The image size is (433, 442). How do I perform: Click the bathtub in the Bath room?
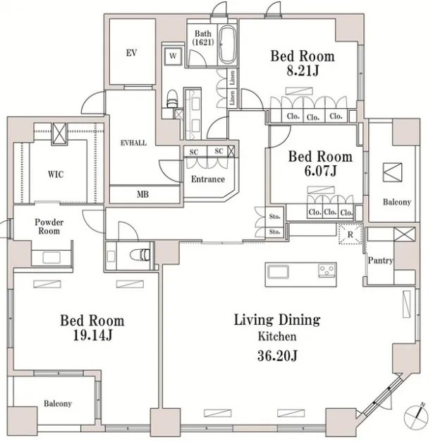(227, 45)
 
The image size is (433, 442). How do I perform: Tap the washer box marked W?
(173, 56)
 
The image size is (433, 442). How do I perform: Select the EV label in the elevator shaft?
(131, 53)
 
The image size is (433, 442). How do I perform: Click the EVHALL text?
(133, 143)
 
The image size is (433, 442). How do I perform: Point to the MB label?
(142, 194)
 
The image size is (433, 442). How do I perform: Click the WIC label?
(56, 174)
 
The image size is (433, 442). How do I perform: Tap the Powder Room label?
(49, 227)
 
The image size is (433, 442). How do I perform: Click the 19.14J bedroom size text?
(92, 335)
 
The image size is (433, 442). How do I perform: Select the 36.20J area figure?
(277, 356)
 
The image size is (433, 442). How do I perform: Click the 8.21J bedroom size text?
(303, 71)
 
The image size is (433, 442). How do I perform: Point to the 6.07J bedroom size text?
(320, 171)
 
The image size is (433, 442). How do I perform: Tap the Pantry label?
(380, 261)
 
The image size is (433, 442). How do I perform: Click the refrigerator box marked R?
(350, 234)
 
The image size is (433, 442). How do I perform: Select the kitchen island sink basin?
(278, 272)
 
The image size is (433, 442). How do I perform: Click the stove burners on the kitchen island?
(327, 270)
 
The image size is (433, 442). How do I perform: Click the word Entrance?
(208, 179)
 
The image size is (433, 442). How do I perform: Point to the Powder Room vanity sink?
(51, 258)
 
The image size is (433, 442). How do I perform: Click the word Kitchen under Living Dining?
(277, 336)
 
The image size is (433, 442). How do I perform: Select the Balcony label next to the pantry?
(397, 202)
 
